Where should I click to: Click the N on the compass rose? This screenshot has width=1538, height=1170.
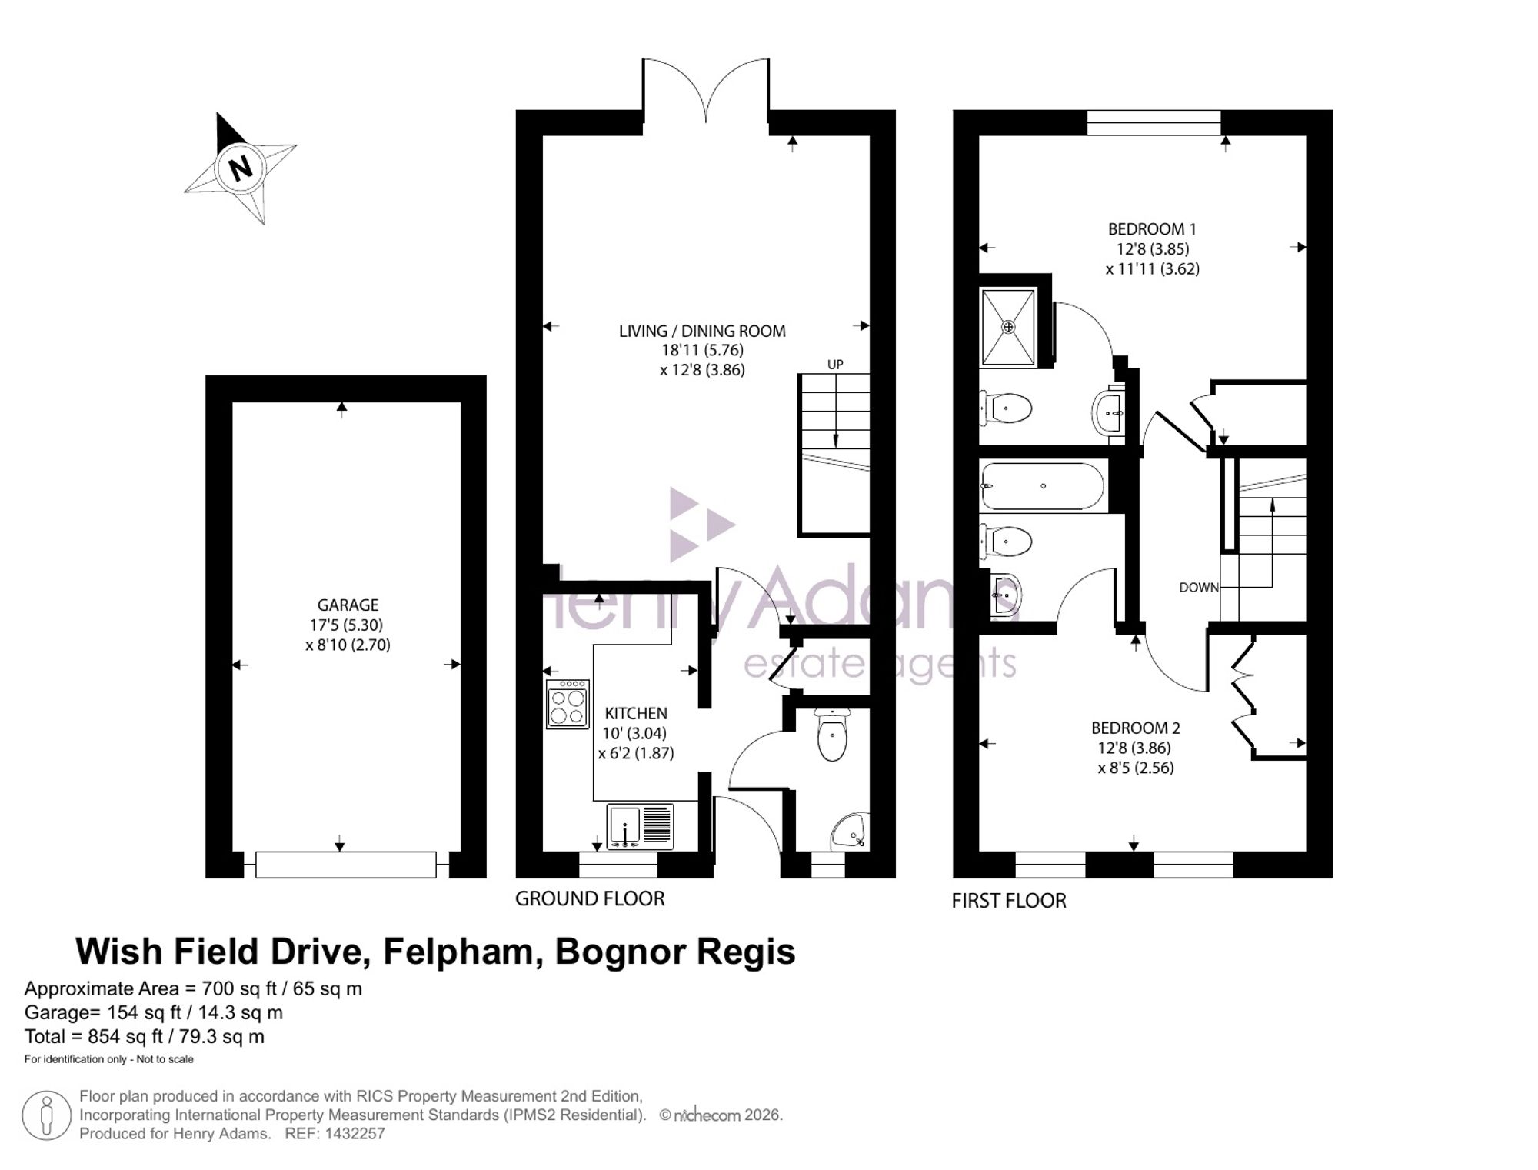pyautogui.click(x=241, y=168)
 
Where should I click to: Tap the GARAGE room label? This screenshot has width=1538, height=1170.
pyautogui.click(x=348, y=605)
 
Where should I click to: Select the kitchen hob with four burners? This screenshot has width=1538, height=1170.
pyautogui.click(x=568, y=704)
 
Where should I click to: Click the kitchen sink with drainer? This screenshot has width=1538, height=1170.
pyautogui.click(x=640, y=827)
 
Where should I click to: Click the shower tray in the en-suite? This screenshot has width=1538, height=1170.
pyautogui.click(x=1008, y=326)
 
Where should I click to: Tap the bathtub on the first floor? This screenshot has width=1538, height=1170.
pyautogui.click(x=1043, y=486)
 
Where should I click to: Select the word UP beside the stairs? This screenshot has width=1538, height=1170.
pyautogui.click(x=835, y=365)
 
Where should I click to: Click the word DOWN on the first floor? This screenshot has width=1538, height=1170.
pyautogui.click(x=1199, y=588)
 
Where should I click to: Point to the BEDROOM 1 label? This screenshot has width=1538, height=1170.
pyautogui.click(x=1152, y=229)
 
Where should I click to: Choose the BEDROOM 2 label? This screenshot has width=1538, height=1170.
pyautogui.click(x=1135, y=728)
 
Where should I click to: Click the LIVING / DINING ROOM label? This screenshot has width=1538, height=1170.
pyautogui.click(x=702, y=332)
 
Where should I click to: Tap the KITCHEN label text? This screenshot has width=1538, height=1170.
pyautogui.click(x=636, y=714)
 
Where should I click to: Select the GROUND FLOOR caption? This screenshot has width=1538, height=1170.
pyautogui.click(x=590, y=898)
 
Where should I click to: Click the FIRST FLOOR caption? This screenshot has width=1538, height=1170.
pyautogui.click(x=1009, y=901)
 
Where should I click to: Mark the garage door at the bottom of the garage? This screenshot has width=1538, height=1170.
pyautogui.click(x=346, y=865)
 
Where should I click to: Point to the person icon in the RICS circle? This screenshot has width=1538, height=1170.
pyautogui.click(x=46, y=1116)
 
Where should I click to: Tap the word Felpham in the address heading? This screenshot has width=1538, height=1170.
pyautogui.click(x=458, y=952)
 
